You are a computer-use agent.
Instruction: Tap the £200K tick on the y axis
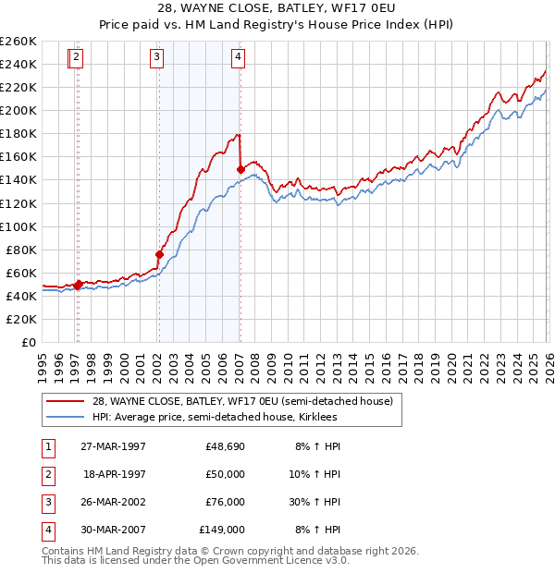point(18,110)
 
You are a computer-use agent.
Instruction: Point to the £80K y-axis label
point(21,250)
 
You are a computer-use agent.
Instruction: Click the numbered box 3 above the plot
point(157,57)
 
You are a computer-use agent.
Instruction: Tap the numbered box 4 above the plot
point(239,57)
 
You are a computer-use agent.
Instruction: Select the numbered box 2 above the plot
point(76,57)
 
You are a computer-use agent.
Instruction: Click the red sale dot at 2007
point(240,169)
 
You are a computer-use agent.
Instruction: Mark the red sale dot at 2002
point(159,254)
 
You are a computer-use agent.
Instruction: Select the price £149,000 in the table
point(222,530)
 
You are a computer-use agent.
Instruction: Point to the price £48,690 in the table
point(225,446)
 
